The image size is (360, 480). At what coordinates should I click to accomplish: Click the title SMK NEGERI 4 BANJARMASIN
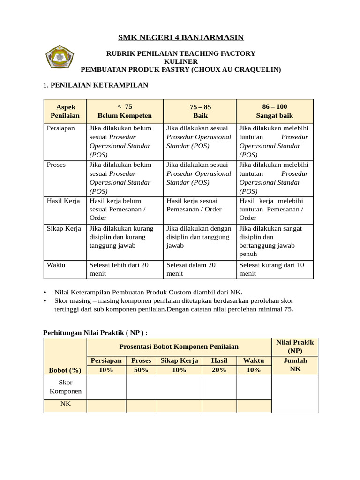point(180,37)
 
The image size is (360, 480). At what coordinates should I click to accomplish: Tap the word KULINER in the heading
point(180,61)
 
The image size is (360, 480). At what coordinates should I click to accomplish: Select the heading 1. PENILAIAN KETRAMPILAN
point(96,85)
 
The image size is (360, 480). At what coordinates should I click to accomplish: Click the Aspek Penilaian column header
point(65,111)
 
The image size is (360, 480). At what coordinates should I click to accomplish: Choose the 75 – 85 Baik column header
point(200,111)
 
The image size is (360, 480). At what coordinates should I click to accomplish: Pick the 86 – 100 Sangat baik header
point(275,111)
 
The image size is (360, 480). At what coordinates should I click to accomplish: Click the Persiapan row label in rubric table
point(61,128)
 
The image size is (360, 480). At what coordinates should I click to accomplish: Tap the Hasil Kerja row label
point(63,201)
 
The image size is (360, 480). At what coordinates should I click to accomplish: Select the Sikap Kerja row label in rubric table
point(64,228)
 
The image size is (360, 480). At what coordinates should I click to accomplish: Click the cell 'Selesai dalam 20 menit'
point(191,269)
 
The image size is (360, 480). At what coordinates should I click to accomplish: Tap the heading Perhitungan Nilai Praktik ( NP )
point(96,332)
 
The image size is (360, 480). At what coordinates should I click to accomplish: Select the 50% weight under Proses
point(141,370)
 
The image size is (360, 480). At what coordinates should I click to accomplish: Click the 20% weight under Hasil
point(219,370)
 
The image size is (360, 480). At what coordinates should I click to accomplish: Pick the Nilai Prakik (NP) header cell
point(295,346)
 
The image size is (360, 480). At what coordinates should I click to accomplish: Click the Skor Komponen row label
point(65,387)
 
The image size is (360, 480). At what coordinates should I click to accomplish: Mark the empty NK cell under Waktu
point(254,405)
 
